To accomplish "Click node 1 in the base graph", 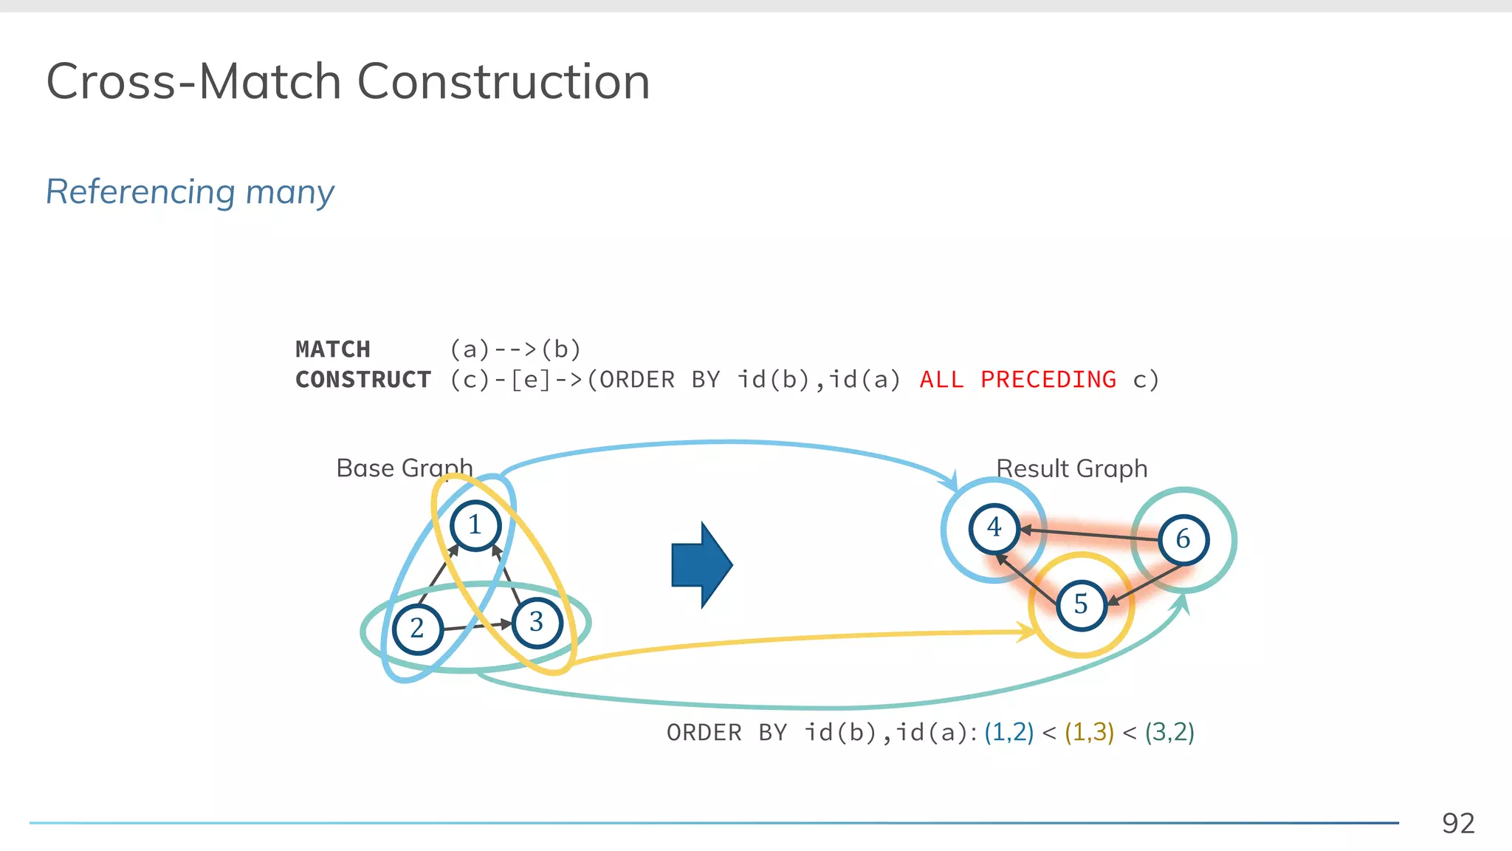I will (x=475, y=525).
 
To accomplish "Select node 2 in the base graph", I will (x=417, y=629).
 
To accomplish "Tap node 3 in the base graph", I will (x=537, y=623).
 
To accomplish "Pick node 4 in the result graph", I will (x=994, y=527).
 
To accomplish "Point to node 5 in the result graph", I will (x=1081, y=604).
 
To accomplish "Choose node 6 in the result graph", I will (x=1183, y=539).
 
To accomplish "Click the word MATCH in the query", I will (x=333, y=349).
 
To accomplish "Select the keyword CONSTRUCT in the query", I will (x=363, y=380).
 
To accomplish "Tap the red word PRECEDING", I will (x=1048, y=380).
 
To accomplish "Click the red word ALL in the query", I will (x=941, y=380).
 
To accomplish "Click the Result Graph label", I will (x=1072, y=468).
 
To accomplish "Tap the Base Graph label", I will (x=404, y=468).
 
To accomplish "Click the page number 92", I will (x=1458, y=823).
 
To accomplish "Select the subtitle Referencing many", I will (x=190, y=192).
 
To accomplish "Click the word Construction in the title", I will (x=504, y=81).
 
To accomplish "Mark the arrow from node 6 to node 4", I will (x=1090, y=535).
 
